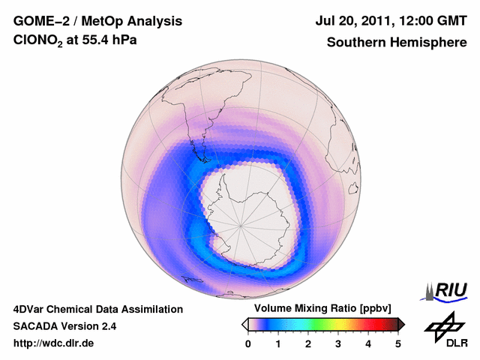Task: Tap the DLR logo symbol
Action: pos(441,324)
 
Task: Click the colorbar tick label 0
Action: pos(248,343)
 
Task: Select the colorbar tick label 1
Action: pos(278,343)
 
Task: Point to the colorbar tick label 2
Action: pos(308,343)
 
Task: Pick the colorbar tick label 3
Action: pos(338,343)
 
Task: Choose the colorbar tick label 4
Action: pos(368,343)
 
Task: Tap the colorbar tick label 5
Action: pos(398,343)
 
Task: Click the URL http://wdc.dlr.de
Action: pos(54,343)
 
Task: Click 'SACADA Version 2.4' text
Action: pos(64,326)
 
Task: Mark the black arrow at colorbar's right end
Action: pos(401,324)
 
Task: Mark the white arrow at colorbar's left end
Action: pos(244,324)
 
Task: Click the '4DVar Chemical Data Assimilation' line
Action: pos(98,309)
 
